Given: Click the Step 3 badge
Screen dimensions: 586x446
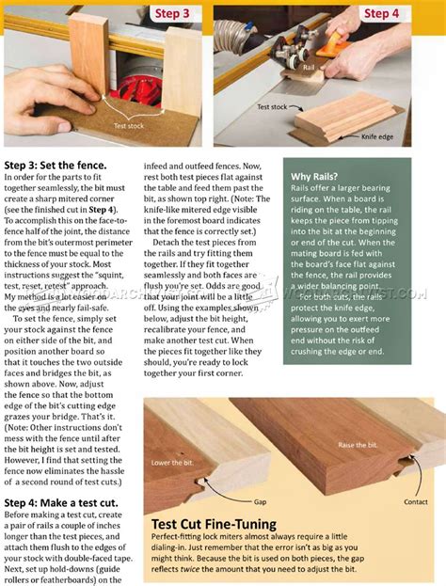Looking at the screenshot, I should (x=172, y=13).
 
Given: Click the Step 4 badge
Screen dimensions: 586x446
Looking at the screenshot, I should (x=381, y=13).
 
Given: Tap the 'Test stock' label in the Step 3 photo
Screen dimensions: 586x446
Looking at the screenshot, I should (x=130, y=124).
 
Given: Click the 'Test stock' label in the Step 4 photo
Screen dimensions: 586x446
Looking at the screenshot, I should (x=272, y=107).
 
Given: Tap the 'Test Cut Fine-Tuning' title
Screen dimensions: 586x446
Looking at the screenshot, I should (x=215, y=525).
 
